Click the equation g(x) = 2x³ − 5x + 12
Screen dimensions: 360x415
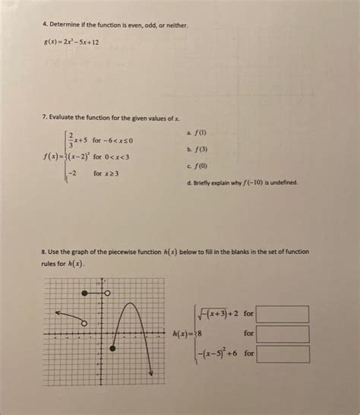(x=71, y=43)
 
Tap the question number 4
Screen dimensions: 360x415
(x=45, y=26)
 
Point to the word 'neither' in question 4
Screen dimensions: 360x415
(x=174, y=26)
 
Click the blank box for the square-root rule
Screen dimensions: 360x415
(x=283, y=314)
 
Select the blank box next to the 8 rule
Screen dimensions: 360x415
(x=283, y=334)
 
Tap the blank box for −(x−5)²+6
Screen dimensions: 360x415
(x=283, y=353)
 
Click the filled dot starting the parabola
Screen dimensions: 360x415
(x=114, y=347)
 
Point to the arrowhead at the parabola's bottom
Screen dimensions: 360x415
(x=151, y=372)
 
